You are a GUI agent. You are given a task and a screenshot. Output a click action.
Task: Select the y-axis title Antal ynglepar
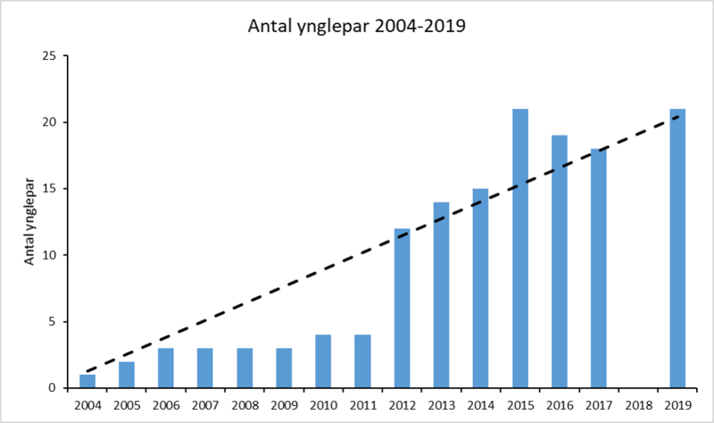click(x=29, y=221)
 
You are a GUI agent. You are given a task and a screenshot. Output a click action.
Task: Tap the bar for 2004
click(x=87, y=381)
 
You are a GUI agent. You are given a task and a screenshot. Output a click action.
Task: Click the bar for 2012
click(x=402, y=308)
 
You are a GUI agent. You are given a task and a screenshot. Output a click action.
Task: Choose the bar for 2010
click(x=323, y=361)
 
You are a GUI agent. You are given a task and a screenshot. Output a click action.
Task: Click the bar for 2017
click(x=598, y=268)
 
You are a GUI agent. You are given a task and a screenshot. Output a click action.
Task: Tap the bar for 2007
click(x=205, y=368)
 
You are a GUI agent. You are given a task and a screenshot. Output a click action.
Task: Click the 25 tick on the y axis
click(x=50, y=56)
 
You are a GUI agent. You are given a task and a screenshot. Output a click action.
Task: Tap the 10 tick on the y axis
click(x=50, y=255)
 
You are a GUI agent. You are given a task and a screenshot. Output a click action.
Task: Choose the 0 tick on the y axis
click(x=54, y=388)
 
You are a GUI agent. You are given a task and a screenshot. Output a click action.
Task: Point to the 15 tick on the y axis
click(x=50, y=189)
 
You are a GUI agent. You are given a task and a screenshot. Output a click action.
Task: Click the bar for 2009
click(x=284, y=368)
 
